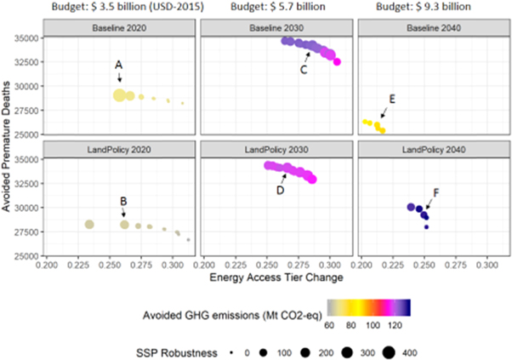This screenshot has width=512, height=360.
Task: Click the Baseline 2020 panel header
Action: [118, 28]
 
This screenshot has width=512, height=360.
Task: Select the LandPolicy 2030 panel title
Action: [277, 150]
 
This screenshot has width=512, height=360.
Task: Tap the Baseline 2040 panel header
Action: [434, 28]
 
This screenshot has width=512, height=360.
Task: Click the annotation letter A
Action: [118, 66]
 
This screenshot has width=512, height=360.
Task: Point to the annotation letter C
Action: [303, 71]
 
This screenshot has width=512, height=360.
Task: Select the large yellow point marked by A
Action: [120, 94]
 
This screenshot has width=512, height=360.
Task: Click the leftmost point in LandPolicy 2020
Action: [88, 224]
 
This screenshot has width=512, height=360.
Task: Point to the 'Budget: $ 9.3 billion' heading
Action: [434, 8]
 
